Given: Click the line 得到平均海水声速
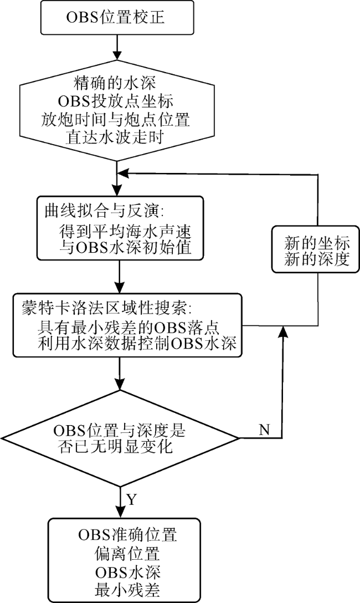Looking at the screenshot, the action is (125, 232).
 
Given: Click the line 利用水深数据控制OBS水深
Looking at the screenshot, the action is (136, 344).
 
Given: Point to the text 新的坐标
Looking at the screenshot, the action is (317, 244).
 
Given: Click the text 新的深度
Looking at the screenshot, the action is (317, 259).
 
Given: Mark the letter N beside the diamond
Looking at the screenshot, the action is (264, 430).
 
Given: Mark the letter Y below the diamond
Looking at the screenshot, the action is (131, 499).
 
